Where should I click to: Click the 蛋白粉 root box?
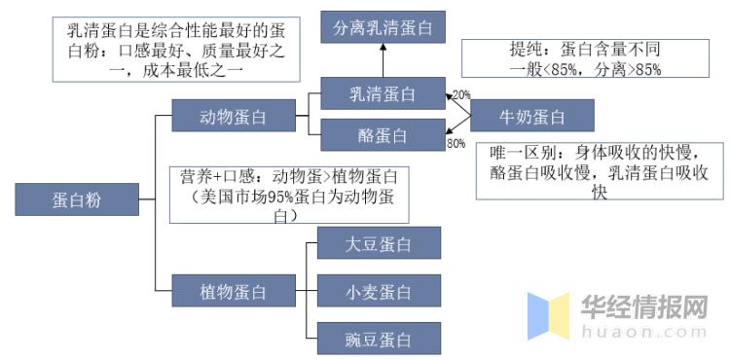76,200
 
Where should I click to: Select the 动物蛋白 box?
233,118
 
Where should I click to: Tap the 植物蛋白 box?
233,289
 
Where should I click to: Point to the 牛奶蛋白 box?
531,118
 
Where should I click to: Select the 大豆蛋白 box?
379,244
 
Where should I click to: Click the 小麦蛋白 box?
379,292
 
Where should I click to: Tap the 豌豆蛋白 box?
379,340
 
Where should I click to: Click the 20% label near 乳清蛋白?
460,94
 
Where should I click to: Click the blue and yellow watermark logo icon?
548,316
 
